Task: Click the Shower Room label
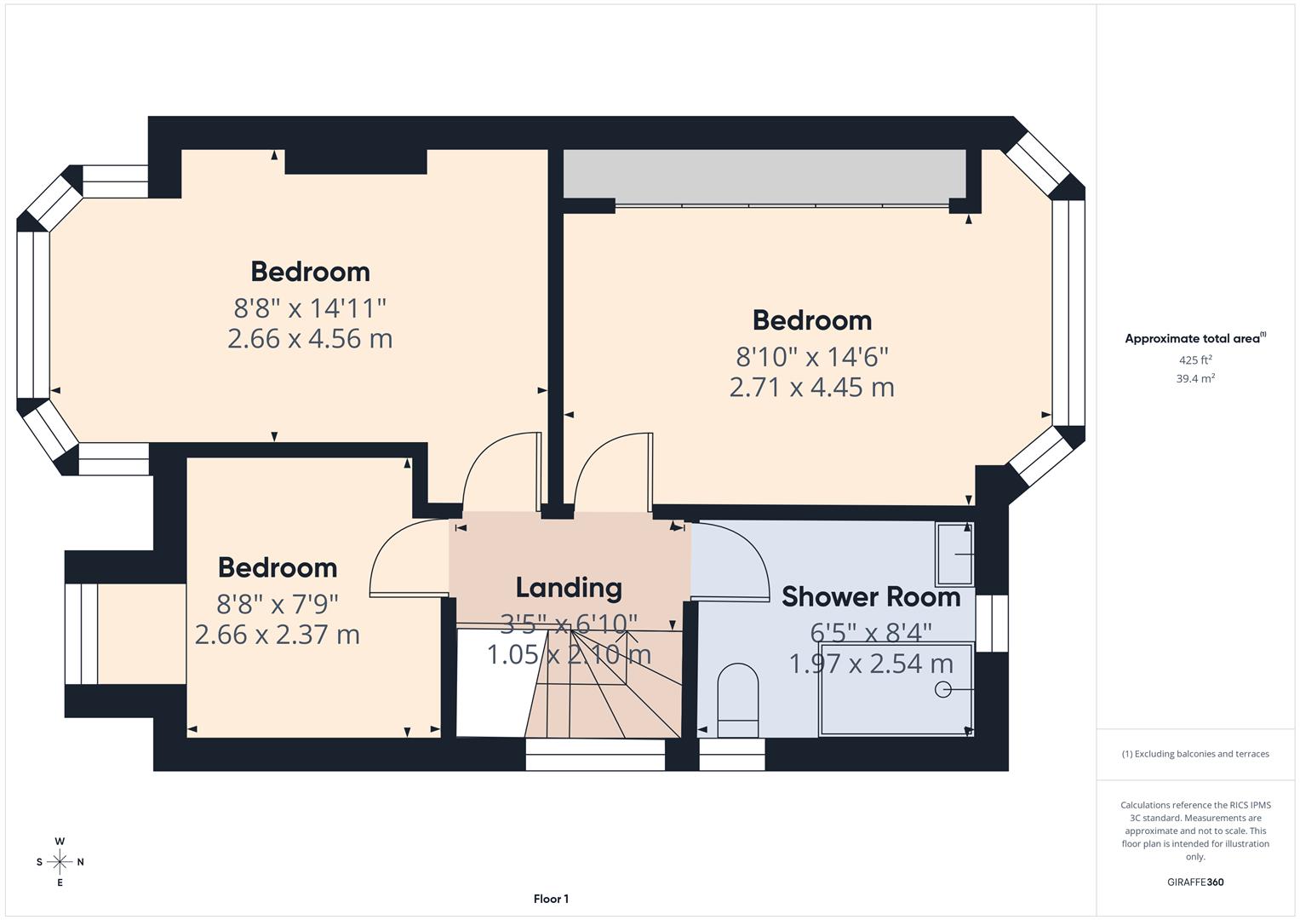pyautogui.click(x=871, y=597)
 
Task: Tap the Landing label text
pyautogui.click(x=569, y=588)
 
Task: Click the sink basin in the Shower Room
pyautogui.click(x=954, y=555)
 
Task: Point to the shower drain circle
pyautogui.click(x=942, y=689)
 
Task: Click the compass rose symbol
pyautogui.click(x=60, y=862)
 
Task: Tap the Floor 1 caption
pyautogui.click(x=551, y=899)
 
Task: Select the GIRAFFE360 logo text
pyautogui.click(x=1194, y=882)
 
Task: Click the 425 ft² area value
pyautogui.click(x=1195, y=360)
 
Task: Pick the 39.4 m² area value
pyautogui.click(x=1195, y=379)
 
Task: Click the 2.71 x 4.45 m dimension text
pyautogui.click(x=811, y=388)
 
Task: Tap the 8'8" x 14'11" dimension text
pyautogui.click(x=310, y=307)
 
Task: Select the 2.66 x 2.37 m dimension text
pyautogui.click(x=278, y=635)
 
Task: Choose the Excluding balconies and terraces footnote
pyautogui.click(x=1195, y=754)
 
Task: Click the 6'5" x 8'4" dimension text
pyautogui.click(x=871, y=632)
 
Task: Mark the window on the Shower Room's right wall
pyautogui.click(x=992, y=624)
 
